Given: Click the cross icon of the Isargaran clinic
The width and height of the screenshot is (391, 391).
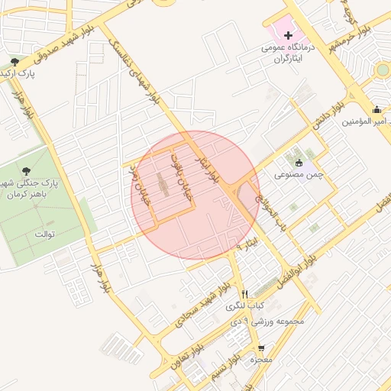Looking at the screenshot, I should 288,35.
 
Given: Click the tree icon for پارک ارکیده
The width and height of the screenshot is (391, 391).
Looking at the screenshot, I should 15,62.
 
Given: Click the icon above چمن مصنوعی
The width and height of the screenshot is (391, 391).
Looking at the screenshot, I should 299,162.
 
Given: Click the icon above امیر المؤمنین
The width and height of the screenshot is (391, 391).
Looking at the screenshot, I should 376,108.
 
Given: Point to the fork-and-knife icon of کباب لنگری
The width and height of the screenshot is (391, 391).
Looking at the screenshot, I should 244,295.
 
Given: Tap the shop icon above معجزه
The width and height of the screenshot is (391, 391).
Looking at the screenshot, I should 261,347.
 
